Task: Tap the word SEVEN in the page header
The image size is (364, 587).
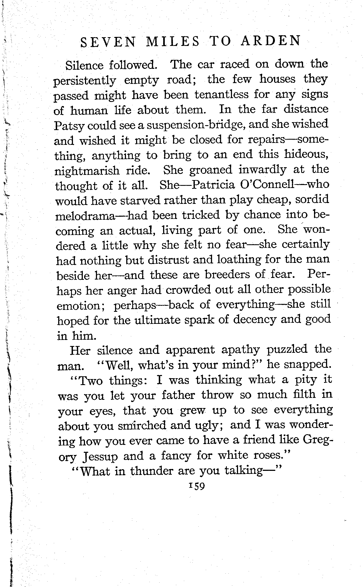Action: [x=108, y=43]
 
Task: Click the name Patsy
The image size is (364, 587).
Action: [x=67, y=126]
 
